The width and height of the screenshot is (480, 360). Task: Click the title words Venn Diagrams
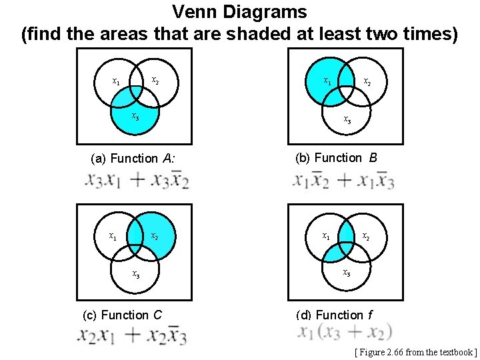tap(239, 12)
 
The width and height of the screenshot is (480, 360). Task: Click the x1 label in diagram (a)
tap(116, 81)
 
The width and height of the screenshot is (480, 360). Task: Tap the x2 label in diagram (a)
tap(155, 81)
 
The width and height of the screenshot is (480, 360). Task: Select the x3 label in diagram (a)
tap(135, 117)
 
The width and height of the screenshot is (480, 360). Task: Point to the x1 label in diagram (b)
tap(327, 81)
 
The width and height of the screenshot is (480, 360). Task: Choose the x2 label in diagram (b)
tap(367, 82)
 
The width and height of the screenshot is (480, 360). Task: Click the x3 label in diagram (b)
tap(347, 120)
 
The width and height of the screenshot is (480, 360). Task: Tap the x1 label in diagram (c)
tap(114, 235)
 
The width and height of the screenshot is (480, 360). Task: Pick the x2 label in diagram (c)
tap(154, 235)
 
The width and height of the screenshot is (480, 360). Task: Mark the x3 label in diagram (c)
tap(135, 273)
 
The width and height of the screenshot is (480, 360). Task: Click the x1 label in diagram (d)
tap(326, 235)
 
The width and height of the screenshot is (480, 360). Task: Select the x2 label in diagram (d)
tap(366, 235)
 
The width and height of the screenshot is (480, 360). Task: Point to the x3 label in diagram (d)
tap(347, 272)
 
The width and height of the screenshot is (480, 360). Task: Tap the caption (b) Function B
tap(336, 158)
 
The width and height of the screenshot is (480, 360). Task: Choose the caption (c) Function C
tap(122, 315)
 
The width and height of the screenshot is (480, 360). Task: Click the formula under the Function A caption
tap(137, 180)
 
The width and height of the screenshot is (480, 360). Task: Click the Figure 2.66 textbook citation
tap(416, 352)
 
